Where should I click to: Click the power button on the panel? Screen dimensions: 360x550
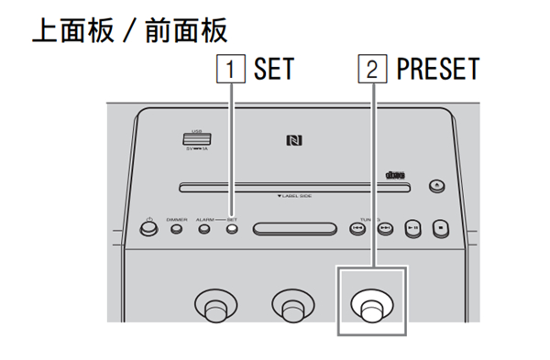click(148, 228)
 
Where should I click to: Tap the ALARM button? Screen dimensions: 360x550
click(204, 228)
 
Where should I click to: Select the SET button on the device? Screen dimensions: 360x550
click(231, 228)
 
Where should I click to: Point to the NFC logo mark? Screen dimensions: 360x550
click(292, 140)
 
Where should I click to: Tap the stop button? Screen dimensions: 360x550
click(441, 228)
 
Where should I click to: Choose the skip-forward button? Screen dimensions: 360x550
click(386, 228)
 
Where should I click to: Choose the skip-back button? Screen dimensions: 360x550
click(357, 228)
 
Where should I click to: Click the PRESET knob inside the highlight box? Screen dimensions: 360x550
click(371, 307)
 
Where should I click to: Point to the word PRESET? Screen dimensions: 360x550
click(437, 70)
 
